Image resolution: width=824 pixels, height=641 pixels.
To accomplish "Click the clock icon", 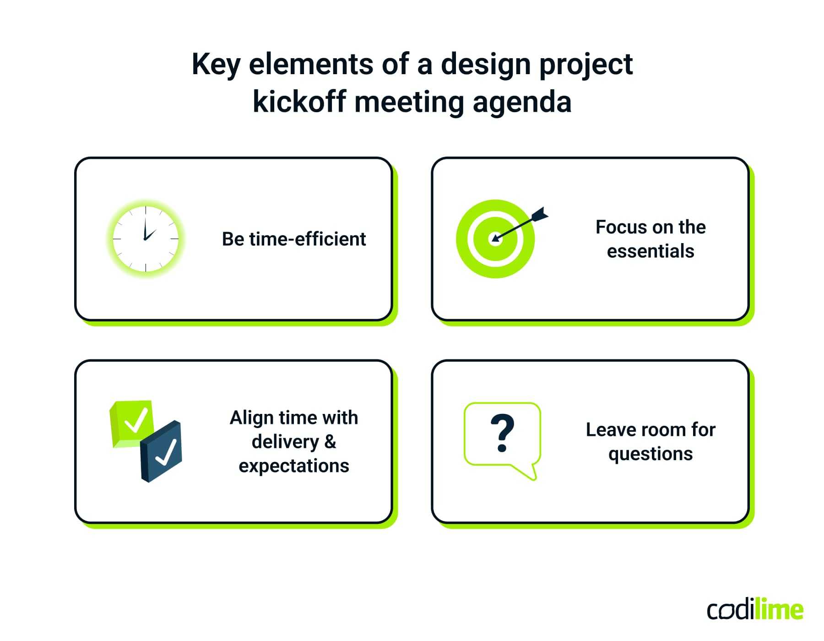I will [x=146, y=239].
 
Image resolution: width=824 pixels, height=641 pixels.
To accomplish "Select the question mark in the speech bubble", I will [x=502, y=433].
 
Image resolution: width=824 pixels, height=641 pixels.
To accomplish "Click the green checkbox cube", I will [x=132, y=422].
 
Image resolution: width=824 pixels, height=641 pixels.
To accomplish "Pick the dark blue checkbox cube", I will [x=162, y=451].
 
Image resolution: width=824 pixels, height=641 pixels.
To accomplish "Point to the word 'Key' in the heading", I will [x=216, y=64].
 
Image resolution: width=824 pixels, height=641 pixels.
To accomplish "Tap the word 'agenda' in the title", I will [x=522, y=102].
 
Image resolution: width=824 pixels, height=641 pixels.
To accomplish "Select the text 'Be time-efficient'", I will [x=293, y=239].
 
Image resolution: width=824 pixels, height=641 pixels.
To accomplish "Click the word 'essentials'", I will [x=650, y=251].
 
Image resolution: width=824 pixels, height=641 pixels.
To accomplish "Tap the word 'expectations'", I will [x=293, y=466].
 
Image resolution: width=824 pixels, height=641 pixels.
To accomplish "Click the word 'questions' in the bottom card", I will [x=650, y=454].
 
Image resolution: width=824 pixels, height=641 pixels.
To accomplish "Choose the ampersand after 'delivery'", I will [x=330, y=442].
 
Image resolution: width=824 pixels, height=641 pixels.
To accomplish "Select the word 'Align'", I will [x=251, y=418].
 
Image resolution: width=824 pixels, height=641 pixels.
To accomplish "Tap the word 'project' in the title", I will [x=586, y=64].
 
